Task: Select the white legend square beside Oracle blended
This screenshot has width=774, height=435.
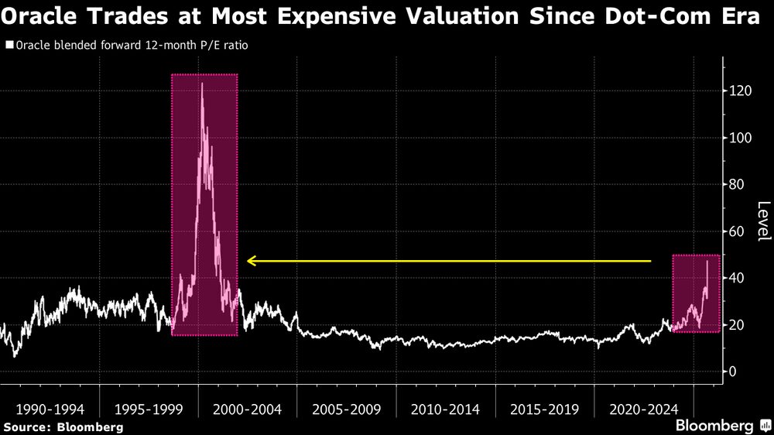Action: (x=9, y=46)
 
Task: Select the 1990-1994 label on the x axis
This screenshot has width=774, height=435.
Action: (x=49, y=408)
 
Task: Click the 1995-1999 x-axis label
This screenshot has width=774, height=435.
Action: (x=148, y=408)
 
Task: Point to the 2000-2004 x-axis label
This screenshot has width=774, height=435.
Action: (x=247, y=408)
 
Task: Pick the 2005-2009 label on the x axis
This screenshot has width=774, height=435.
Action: (x=346, y=408)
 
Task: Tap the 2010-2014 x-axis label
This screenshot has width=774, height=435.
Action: (x=445, y=408)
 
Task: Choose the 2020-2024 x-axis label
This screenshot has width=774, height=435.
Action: (x=643, y=408)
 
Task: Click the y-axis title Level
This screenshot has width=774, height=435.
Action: (x=763, y=221)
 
